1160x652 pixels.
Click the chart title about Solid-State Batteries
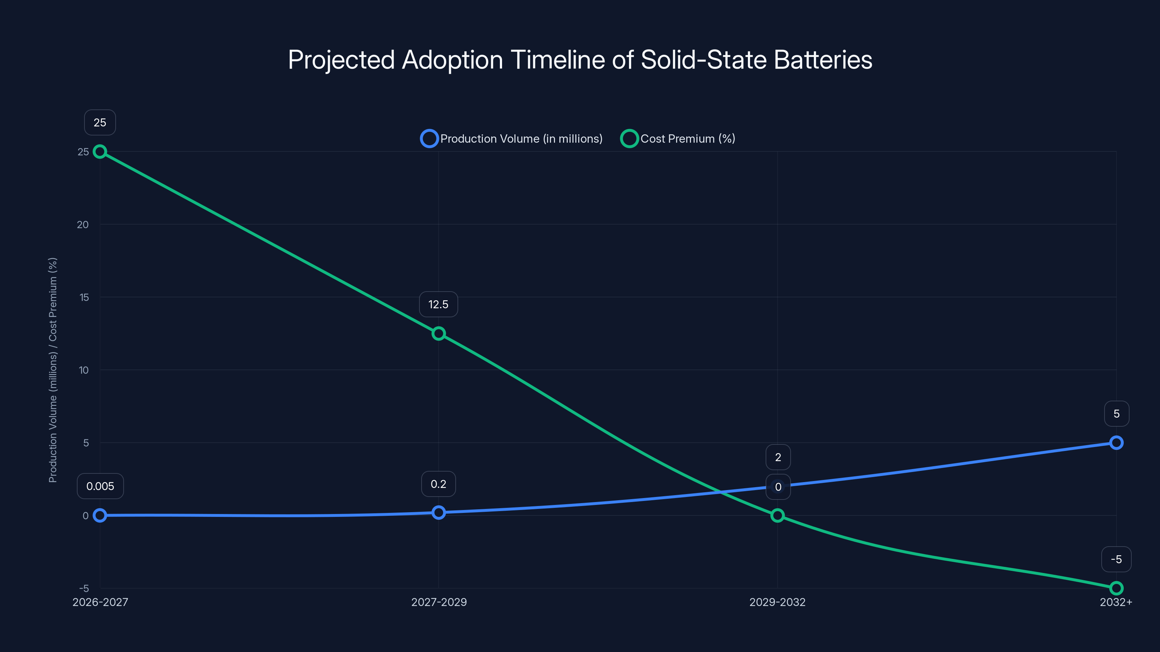click(x=580, y=60)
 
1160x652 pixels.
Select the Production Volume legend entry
click(x=511, y=139)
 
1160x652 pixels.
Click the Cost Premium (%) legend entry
click(x=678, y=139)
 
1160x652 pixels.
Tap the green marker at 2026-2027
click(x=100, y=152)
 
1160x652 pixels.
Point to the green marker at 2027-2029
click(x=439, y=333)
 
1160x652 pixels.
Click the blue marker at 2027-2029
click(x=439, y=513)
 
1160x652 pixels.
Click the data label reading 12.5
click(x=438, y=305)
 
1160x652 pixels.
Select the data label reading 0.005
click(x=100, y=486)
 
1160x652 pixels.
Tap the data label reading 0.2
click(x=438, y=484)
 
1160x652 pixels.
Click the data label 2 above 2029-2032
click(x=778, y=457)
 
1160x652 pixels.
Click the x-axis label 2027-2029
click(x=439, y=602)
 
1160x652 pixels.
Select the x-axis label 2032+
click(x=1115, y=602)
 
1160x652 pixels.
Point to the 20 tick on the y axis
click(x=83, y=225)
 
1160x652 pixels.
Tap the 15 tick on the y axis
click(x=84, y=297)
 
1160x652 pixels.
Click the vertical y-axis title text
click(x=53, y=370)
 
